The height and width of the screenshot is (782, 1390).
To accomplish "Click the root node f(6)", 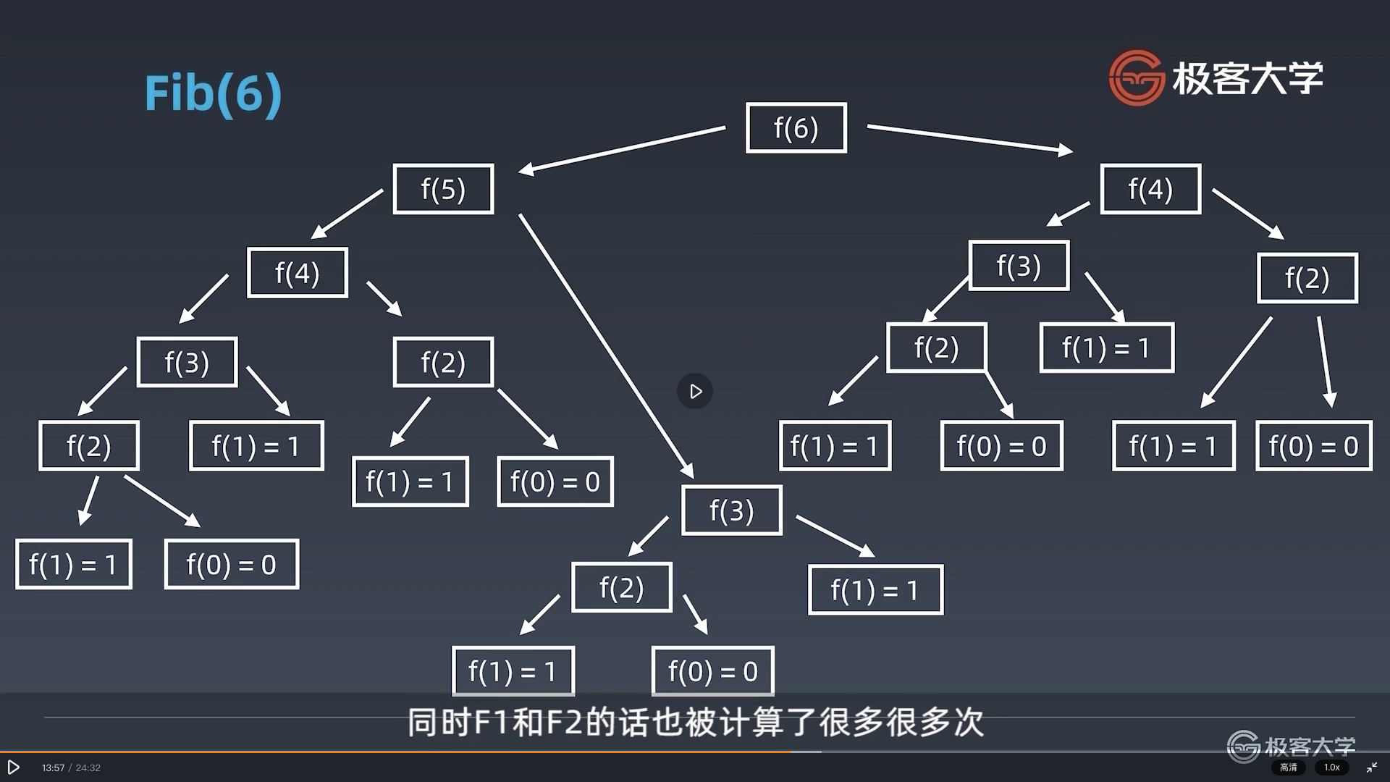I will [796, 128].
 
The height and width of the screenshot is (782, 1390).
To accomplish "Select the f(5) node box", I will [443, 189].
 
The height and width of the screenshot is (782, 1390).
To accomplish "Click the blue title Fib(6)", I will [213, 93].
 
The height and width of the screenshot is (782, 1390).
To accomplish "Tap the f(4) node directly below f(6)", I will [1150, 189].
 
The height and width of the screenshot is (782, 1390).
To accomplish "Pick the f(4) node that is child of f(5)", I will [297, 273].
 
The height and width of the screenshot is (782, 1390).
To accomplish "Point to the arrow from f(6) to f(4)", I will [970, 138].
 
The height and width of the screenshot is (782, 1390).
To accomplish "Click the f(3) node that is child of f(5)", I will [731, 510].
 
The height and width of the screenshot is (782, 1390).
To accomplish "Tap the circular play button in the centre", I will [695, 392].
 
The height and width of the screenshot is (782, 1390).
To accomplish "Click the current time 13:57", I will [53, 768].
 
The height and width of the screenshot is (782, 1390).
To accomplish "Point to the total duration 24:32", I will [88, 768].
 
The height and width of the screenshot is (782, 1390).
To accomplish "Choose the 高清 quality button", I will [1289, 768].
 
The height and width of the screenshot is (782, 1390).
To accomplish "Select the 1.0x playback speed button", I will [1332, 768].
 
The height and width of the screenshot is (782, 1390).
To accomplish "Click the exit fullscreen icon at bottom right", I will [1372, 768].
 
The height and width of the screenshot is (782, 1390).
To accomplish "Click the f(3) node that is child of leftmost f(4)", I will [187, 362].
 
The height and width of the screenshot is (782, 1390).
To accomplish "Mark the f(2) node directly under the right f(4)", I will [1307, 278].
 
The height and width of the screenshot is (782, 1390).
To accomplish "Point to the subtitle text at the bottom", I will [695, 723].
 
